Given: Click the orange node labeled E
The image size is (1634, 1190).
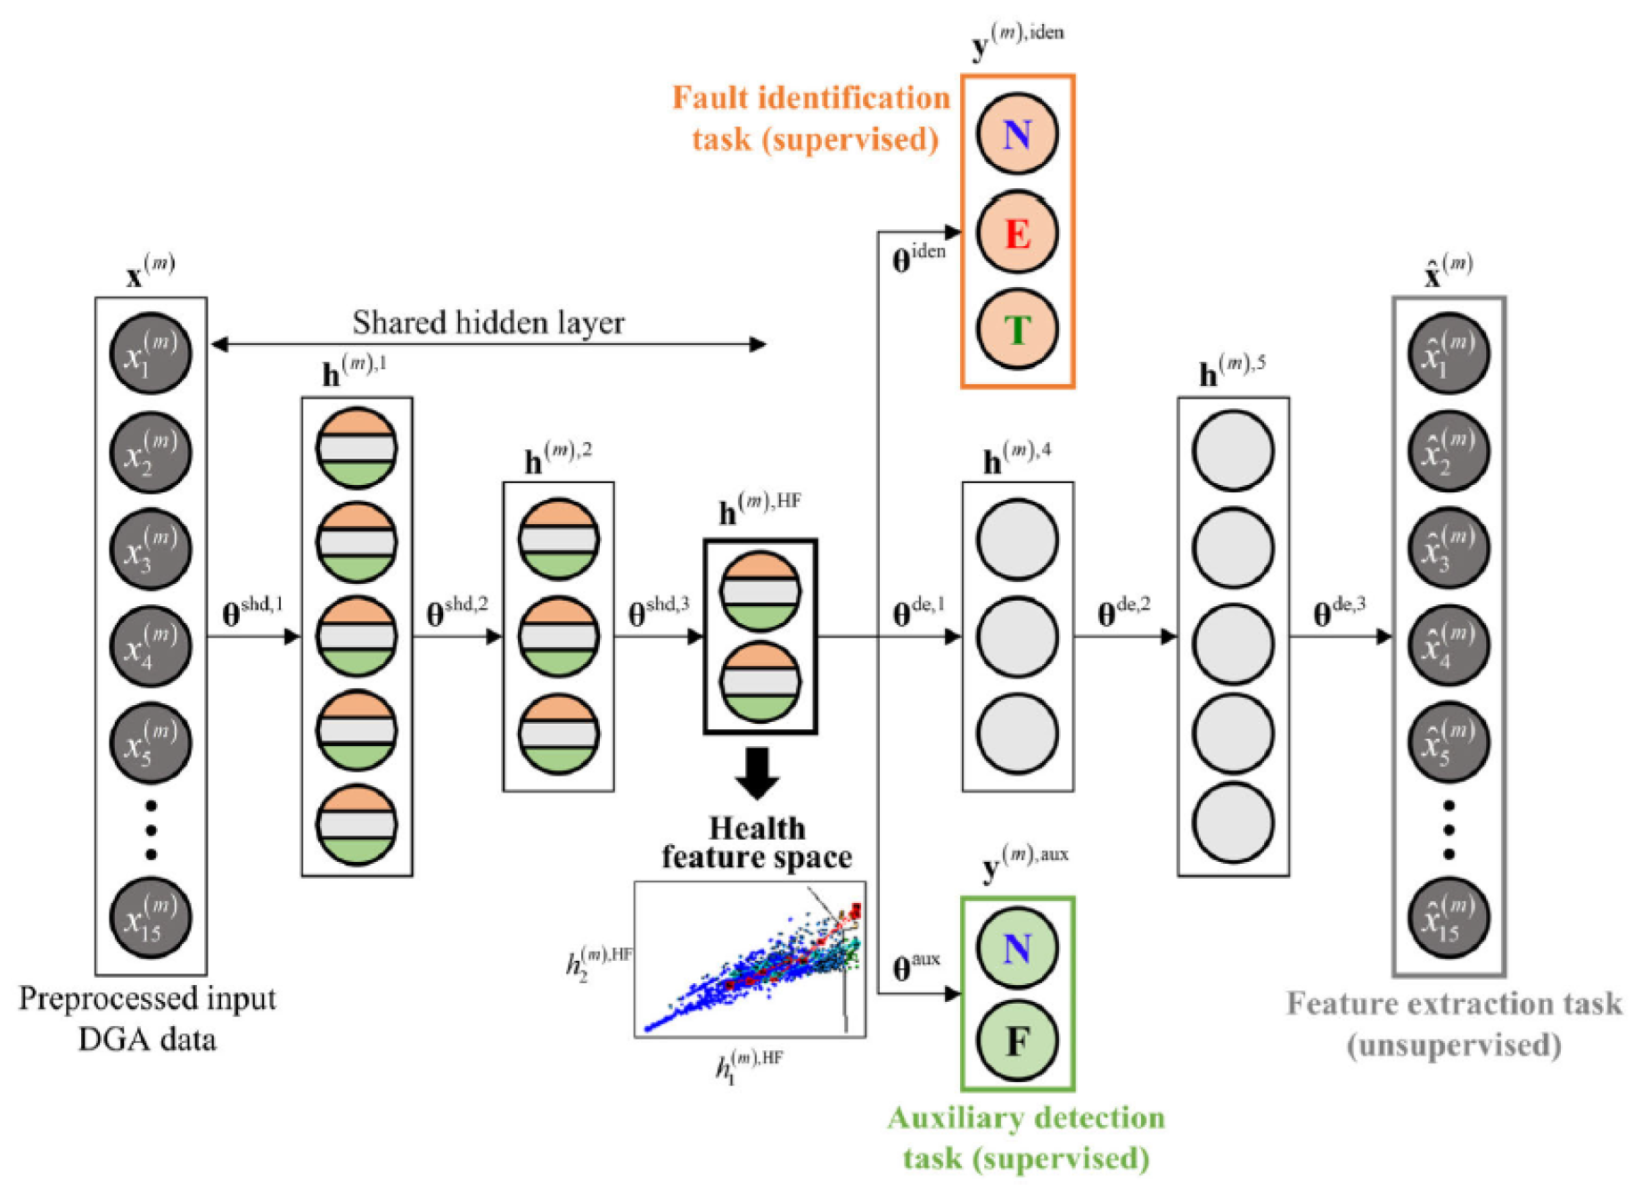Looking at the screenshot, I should [1016, 233].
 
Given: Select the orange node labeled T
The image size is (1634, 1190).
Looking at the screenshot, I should [1016, 330].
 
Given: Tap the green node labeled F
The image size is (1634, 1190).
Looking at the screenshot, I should [1016, 1040].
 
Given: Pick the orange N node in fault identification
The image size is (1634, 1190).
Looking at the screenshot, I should [1016, 135].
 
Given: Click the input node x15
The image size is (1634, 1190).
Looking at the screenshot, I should [150, 918].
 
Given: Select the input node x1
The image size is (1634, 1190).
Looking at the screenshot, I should [150, 354].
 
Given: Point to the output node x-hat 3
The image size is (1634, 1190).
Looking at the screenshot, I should [1448, 548].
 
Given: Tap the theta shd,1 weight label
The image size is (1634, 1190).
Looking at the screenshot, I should [252, 611].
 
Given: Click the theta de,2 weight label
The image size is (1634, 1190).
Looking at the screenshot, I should [1123, 611].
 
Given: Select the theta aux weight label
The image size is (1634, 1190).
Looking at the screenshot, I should [916, 966].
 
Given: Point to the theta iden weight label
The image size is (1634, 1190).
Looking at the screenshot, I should [918, 258].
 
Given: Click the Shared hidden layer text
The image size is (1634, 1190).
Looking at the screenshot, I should [488, 323].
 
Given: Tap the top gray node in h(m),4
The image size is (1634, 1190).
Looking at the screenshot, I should [1016, 540].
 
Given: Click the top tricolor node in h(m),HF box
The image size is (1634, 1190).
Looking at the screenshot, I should [760, 592].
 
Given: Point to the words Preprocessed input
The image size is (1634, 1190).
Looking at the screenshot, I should [147, 999].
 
